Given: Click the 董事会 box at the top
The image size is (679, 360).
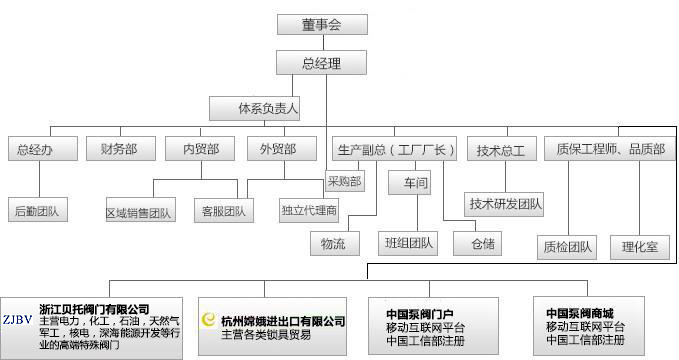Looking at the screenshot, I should coord(321,25).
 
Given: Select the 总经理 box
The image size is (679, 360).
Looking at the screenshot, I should coord(321,64).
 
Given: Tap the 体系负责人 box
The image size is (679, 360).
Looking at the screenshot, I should coord(269,107).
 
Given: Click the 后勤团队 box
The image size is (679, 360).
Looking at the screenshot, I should coord(35,211).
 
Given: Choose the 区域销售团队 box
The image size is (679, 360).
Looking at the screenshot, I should coord(139,212).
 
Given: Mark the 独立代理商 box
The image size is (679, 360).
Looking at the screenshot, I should coord(309,212).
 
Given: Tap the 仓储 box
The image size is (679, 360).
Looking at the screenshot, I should coord(476,243).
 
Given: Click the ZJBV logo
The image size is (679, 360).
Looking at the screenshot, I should coord(18,320).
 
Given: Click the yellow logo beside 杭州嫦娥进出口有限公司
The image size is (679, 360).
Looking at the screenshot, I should coord(209,320).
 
